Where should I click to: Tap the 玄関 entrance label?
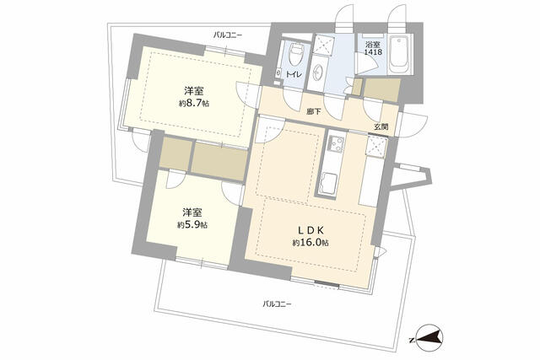point(381,126)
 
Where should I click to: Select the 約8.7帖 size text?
point(193,103)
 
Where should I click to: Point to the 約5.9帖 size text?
point(192,225)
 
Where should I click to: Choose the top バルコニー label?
point(227,35)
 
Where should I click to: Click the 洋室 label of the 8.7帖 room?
point(193,90)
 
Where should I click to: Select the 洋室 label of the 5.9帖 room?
point(192,212)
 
